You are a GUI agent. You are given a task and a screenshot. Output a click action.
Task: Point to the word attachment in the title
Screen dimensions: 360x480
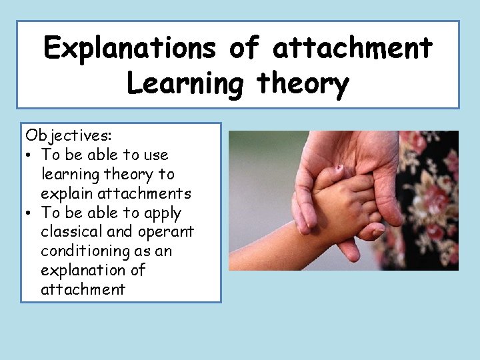click(x=353, y=49)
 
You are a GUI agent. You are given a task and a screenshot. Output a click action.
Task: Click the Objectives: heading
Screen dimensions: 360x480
click(x=69, y=135)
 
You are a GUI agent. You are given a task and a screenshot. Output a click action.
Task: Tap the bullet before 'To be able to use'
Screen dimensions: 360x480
click(x=31, y=155)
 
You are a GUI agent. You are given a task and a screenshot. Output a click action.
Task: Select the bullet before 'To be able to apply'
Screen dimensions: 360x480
click(x=31, y=213)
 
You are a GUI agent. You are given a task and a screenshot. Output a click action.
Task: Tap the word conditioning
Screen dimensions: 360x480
click(x=84, y=251)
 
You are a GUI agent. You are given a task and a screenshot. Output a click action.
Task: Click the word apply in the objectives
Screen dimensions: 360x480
click(x=161, y=213)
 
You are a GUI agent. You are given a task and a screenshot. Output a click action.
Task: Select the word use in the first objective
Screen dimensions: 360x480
click(x=154, y=155)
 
